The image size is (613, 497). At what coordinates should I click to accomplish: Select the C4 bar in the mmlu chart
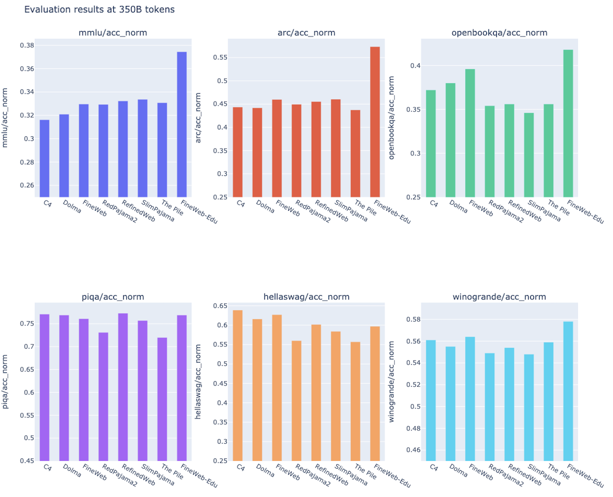[x=45, y=158]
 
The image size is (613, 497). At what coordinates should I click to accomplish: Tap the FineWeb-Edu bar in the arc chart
[x=375, y=122]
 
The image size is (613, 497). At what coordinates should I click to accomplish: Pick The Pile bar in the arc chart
[x=355, y=154]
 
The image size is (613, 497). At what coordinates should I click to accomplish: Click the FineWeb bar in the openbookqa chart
[x=470, y=133]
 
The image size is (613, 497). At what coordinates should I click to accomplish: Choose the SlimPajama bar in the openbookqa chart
[x=529, y=155]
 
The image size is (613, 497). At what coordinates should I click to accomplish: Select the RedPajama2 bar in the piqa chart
[x=103, y=397]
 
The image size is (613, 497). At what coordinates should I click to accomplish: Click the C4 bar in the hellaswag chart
[x=238, y=385]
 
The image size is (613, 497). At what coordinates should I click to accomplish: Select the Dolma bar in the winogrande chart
[x=450, y=403]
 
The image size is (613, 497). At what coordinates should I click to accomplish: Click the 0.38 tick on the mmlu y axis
[x=27, y=46]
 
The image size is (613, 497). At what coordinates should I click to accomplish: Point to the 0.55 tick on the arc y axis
[x=220, y=57]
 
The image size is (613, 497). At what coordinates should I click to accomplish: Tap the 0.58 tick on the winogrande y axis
[x=413, y=319]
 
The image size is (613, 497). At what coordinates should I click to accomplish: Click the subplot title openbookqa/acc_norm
[x=499, y=33]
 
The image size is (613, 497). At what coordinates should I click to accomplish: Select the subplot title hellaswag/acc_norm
[x=306, y=297]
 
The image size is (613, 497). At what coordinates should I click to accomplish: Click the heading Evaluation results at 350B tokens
[x=99, y=9]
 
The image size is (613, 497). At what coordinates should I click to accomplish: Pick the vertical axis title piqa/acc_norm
[x=5, y=382]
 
